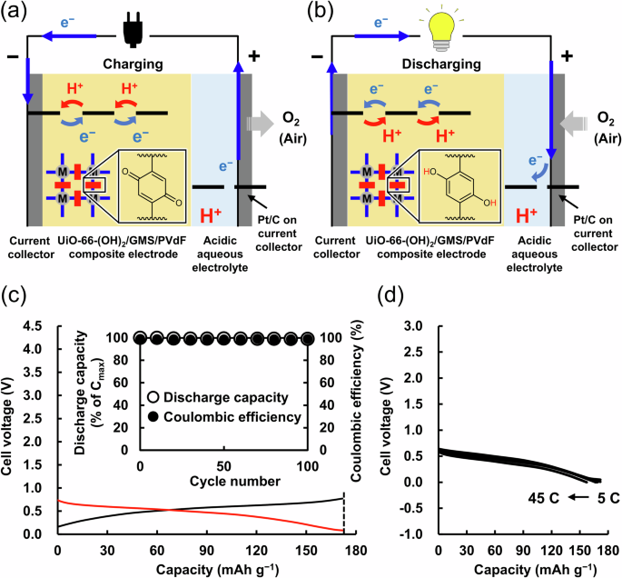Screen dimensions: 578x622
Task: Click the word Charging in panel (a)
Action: click(133, 65)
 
